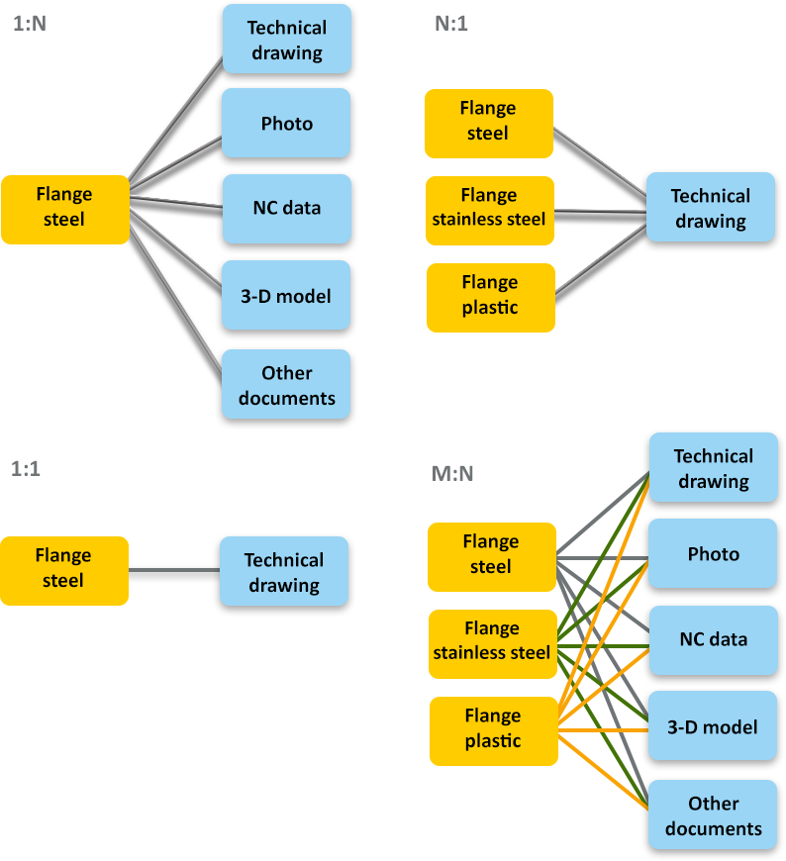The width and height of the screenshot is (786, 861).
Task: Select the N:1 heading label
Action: pos(450,24)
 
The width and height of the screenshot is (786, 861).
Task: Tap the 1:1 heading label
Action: pos(26,469)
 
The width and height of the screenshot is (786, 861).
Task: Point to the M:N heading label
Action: pos(451,474)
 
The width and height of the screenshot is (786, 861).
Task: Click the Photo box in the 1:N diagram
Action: pos(286,124)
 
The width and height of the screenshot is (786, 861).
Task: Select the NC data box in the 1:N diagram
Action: pos(286,209)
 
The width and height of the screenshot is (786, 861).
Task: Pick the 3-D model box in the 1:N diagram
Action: pos(286,296)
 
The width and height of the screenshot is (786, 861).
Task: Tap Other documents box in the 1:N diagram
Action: pos(286,385)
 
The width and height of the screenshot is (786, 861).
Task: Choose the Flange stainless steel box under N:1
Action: pos(489,208)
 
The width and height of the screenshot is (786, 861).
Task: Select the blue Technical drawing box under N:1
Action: pos(711,208)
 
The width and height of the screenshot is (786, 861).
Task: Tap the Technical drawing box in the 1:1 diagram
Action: pos(283,572)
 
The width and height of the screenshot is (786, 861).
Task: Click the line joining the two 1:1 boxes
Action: pos(173,570)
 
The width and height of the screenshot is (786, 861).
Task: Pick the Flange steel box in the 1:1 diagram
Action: pos(64,569)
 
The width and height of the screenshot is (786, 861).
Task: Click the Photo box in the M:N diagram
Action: pos(713,554)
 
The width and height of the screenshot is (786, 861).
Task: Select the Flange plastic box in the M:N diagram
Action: pos(491,729)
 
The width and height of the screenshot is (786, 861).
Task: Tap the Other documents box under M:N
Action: pos(713,815)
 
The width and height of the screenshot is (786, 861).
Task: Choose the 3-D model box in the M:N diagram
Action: pos(713,727)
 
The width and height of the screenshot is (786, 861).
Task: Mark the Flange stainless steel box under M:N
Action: pos(491,641)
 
